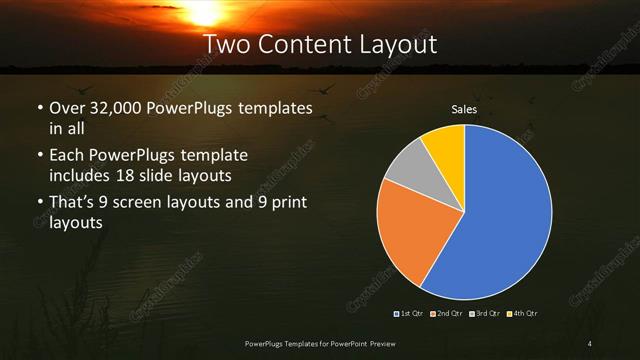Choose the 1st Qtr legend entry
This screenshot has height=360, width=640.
tap(411, 314)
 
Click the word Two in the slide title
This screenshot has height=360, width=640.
tap(224, 45)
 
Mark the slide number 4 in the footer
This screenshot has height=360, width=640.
tap(590, 344)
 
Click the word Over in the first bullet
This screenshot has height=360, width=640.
tap(66, 107)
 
